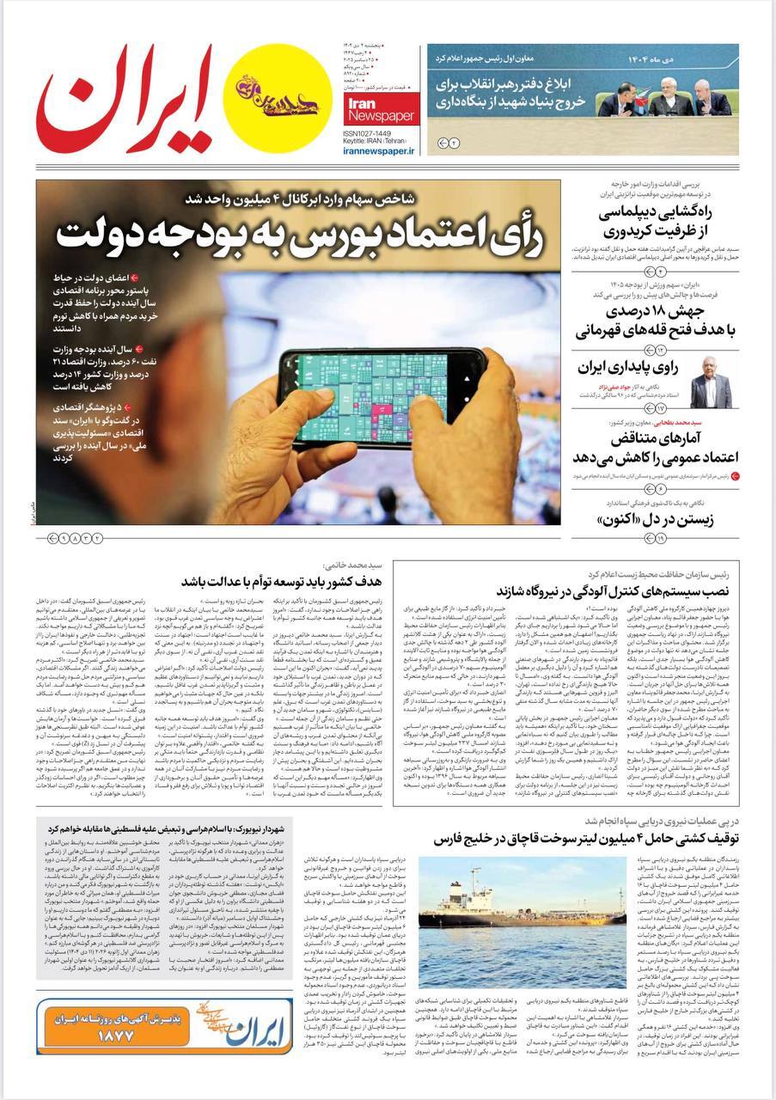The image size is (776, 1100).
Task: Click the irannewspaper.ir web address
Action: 379,150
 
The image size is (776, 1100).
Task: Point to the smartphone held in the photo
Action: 382,378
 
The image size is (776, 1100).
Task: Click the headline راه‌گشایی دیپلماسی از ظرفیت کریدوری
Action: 657,220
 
